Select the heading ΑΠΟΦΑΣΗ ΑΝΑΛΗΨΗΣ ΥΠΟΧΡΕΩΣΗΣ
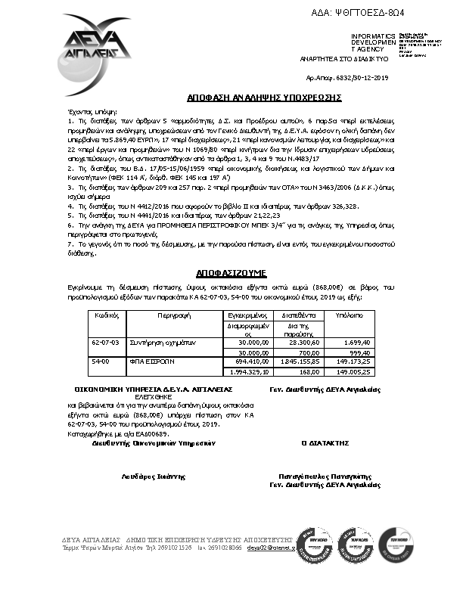click(264, 98)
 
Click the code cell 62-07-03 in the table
click(106, 343)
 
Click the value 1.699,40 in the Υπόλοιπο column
click(356, 343)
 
